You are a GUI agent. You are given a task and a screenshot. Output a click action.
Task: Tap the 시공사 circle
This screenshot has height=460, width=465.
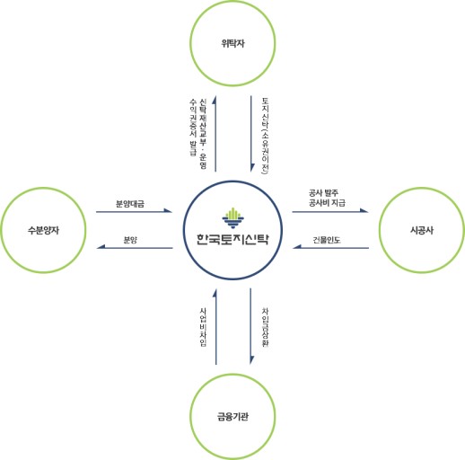click(421, 230)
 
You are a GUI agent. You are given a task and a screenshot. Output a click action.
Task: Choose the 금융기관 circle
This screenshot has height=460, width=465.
click(232, 416)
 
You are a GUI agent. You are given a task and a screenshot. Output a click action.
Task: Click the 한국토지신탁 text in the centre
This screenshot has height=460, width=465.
click(232, 240)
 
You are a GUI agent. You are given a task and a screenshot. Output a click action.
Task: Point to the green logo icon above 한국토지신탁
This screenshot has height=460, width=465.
click(232, 217)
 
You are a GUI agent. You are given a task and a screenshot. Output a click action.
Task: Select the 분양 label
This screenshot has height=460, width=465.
click(130, 239)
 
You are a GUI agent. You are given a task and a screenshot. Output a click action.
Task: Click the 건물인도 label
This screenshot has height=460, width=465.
click(327, 239)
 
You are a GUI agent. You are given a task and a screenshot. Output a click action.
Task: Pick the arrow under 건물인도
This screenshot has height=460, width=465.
click(329, 248)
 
